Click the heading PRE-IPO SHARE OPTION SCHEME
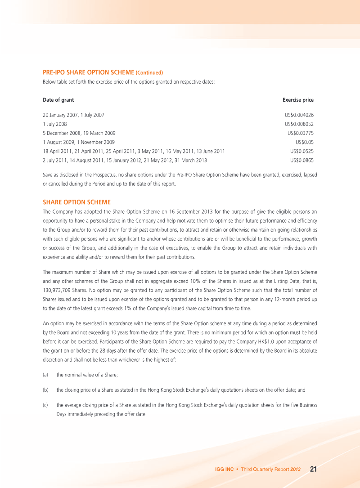[89, 72]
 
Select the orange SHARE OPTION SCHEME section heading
[76, 202]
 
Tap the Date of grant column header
[58, 100]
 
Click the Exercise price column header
[298, 100]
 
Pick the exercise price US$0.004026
[299, 115]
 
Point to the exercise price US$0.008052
[299, 124]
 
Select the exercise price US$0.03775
[301, 133]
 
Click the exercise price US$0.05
[305, 142]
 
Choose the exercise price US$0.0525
[302, 151]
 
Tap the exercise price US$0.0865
[302, 160]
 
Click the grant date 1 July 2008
[55, 124]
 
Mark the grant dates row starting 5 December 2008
[79, 133]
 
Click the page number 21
[314, 469]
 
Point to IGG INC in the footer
[225, 470]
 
